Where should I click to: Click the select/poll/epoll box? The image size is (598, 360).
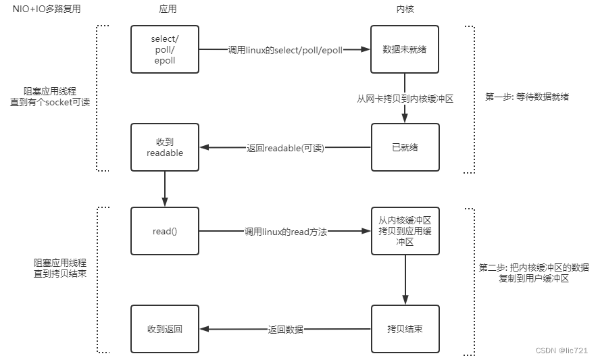[x=165, y=49]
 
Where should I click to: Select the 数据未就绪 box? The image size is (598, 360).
[x=405, y=49]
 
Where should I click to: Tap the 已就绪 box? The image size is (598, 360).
[x=405, y=147]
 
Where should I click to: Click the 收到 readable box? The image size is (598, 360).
[x=165, y=147]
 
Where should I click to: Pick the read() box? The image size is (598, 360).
[x=165, y=231]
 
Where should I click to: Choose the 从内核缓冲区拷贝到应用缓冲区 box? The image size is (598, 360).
[x=405, y=231]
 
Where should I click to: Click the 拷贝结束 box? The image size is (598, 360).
[x=405, y=329]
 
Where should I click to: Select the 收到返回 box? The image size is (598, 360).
[x=165, y=329]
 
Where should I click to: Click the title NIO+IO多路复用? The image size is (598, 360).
[x=44, y=9]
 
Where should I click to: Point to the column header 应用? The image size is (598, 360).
[x=164, y=9]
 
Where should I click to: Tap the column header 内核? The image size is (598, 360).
[x=404, y=9]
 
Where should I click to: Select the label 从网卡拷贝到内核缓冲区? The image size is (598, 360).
[x=405, y=99]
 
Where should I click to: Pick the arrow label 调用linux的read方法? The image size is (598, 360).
[x=285, y=232]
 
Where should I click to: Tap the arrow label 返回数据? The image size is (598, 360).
[x=285, y=330]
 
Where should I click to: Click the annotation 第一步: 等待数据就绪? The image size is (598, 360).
[x=527, y=97]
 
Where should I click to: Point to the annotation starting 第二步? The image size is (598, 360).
[x=534, y=272]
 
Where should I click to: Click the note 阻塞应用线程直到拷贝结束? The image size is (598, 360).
[x=60, y=267]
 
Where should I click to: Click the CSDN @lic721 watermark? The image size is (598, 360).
[x=561, y=351]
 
